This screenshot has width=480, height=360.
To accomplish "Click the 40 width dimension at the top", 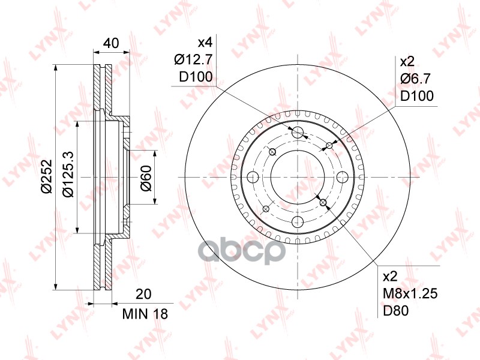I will tap(110, 43).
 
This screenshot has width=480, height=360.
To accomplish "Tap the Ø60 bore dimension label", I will tap(145, 178).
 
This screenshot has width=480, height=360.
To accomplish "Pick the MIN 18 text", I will tap(145, 314).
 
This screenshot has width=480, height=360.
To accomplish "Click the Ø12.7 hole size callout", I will tap(193, 59).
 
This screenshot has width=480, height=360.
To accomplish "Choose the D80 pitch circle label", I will tap(396, 311).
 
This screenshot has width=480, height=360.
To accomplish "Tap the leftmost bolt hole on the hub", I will tap(253, 177).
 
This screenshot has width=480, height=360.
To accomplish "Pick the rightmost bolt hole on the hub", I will tap(343, 177).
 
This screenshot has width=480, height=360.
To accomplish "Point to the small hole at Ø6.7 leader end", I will tap(329, 145).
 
